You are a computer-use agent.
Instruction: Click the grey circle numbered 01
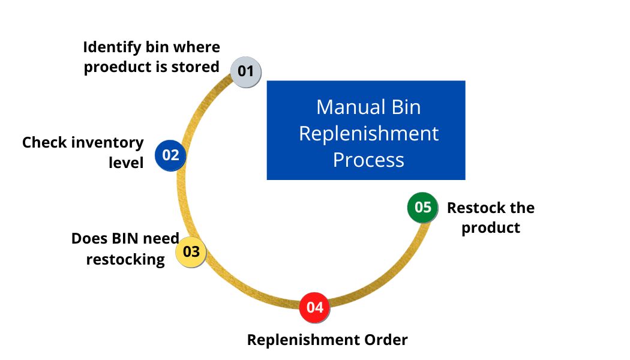(x=246, y=71)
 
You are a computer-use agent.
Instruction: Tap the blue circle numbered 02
(x=170, y=155)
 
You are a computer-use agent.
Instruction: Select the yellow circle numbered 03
(x=191, y=251)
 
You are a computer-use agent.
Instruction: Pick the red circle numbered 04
(x=315, y=307)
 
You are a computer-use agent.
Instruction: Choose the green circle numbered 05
(x=423, y=208)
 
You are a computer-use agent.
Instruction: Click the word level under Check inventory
(x=126, y=163)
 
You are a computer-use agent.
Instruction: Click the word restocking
(x=125, y=259)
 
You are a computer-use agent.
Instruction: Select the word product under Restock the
(x=490, y=228)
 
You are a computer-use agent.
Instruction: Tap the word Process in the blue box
(x=368, y=160)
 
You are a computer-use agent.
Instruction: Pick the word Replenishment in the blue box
(x=368, y=133)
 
